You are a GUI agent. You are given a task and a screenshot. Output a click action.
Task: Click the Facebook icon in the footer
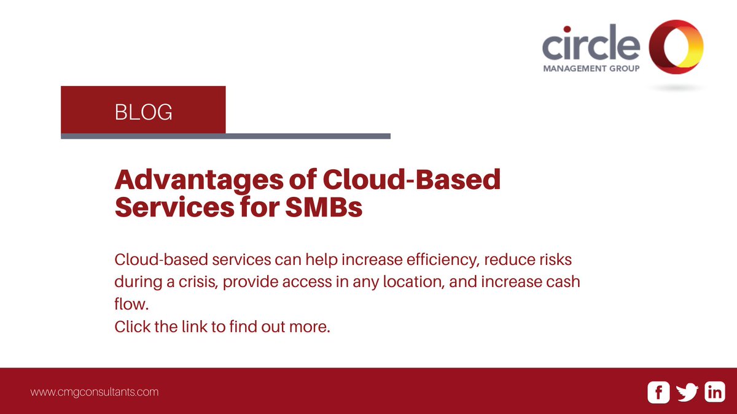(x=658, y=393)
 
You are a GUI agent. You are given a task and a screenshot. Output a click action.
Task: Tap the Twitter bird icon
(x=687, y=393)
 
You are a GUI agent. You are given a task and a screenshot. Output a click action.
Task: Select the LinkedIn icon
(x=715, y=393)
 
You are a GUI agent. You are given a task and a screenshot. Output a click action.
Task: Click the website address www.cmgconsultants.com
(x=95, y=391)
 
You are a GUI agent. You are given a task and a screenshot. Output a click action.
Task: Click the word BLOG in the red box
(x=143, y=112)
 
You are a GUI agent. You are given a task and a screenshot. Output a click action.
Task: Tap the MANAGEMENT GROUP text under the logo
(x=591, y=69)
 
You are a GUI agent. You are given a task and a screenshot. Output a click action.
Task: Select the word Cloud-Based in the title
(x=411, y=181)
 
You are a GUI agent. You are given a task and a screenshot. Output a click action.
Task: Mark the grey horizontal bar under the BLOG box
(x=225, y=136)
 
